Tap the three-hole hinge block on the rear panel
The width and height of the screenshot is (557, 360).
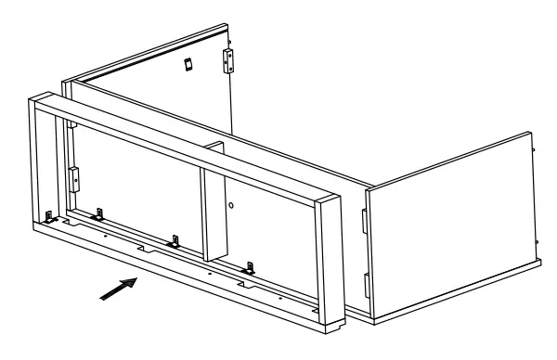click(x=227, y=60)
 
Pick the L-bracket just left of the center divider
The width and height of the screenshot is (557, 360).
click(x=171, y=243)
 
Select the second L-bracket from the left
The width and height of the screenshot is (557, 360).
click(x=97, y=215)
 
